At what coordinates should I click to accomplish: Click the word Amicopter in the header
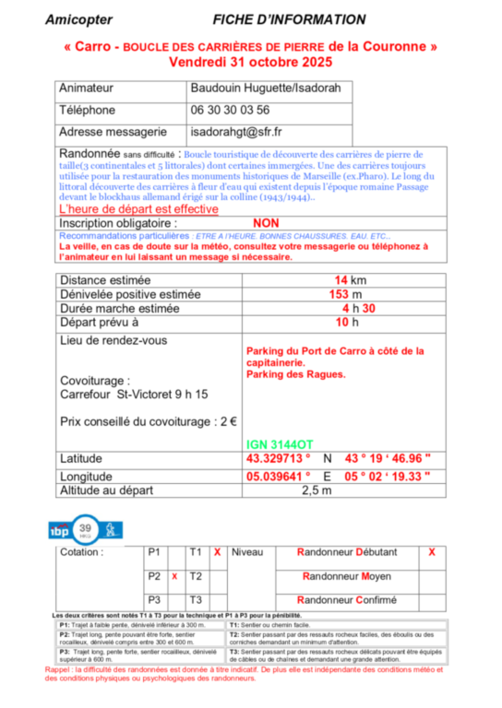pyautogui.click(x=78, y=19)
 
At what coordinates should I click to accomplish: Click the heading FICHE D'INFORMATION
pyautogui.click(x=289, y=19)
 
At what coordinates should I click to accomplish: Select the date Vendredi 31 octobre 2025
pyautogui.click(x=250, y=62)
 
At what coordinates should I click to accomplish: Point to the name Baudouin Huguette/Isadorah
pyautogui.click(x=265, y=89)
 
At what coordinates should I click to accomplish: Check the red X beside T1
pyautogui.click(x=217, y=552)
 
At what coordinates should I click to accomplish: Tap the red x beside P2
pyautogui.click(x=173, y=576)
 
